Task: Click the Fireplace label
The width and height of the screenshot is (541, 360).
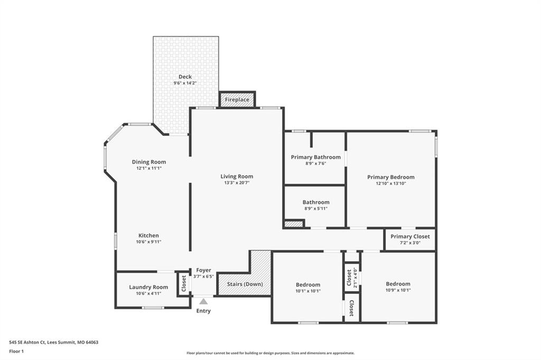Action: tap(237, 100)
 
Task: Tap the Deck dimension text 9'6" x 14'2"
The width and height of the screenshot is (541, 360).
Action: tap(185, 83)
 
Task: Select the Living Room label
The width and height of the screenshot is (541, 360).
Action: tap(237, 176)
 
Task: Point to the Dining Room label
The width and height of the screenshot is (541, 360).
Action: tap(148, 162)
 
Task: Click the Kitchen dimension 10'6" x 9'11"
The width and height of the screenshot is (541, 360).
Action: tap(148, 242)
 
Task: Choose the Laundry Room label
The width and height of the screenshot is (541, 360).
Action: tap(148, 287)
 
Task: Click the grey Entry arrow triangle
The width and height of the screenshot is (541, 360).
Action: tap(203, 301)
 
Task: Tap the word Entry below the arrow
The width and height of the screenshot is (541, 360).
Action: tap(203, 311)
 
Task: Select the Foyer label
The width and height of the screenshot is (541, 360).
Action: tap(203, 270)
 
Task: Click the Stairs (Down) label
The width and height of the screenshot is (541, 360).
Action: tap(245, 284)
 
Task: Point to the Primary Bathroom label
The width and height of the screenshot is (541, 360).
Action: tap(316, 157)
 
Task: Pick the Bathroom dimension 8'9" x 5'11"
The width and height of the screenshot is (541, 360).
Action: tap(316, 209)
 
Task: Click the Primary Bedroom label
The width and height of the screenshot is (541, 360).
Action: tap(391, 177)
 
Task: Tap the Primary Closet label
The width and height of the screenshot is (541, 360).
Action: tap(410, 236)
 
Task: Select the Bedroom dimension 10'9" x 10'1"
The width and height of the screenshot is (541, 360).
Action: tap(398, 290)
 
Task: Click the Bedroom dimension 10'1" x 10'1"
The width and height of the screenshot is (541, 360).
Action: tap(308, 291)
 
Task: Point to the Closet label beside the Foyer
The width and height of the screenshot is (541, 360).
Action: tap(184, 283)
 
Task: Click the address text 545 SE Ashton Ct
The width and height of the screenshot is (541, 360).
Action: tap(27, 343)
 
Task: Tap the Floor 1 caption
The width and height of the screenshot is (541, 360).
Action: tap(16, 352)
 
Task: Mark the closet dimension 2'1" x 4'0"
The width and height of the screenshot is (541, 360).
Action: tap(356, 278)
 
